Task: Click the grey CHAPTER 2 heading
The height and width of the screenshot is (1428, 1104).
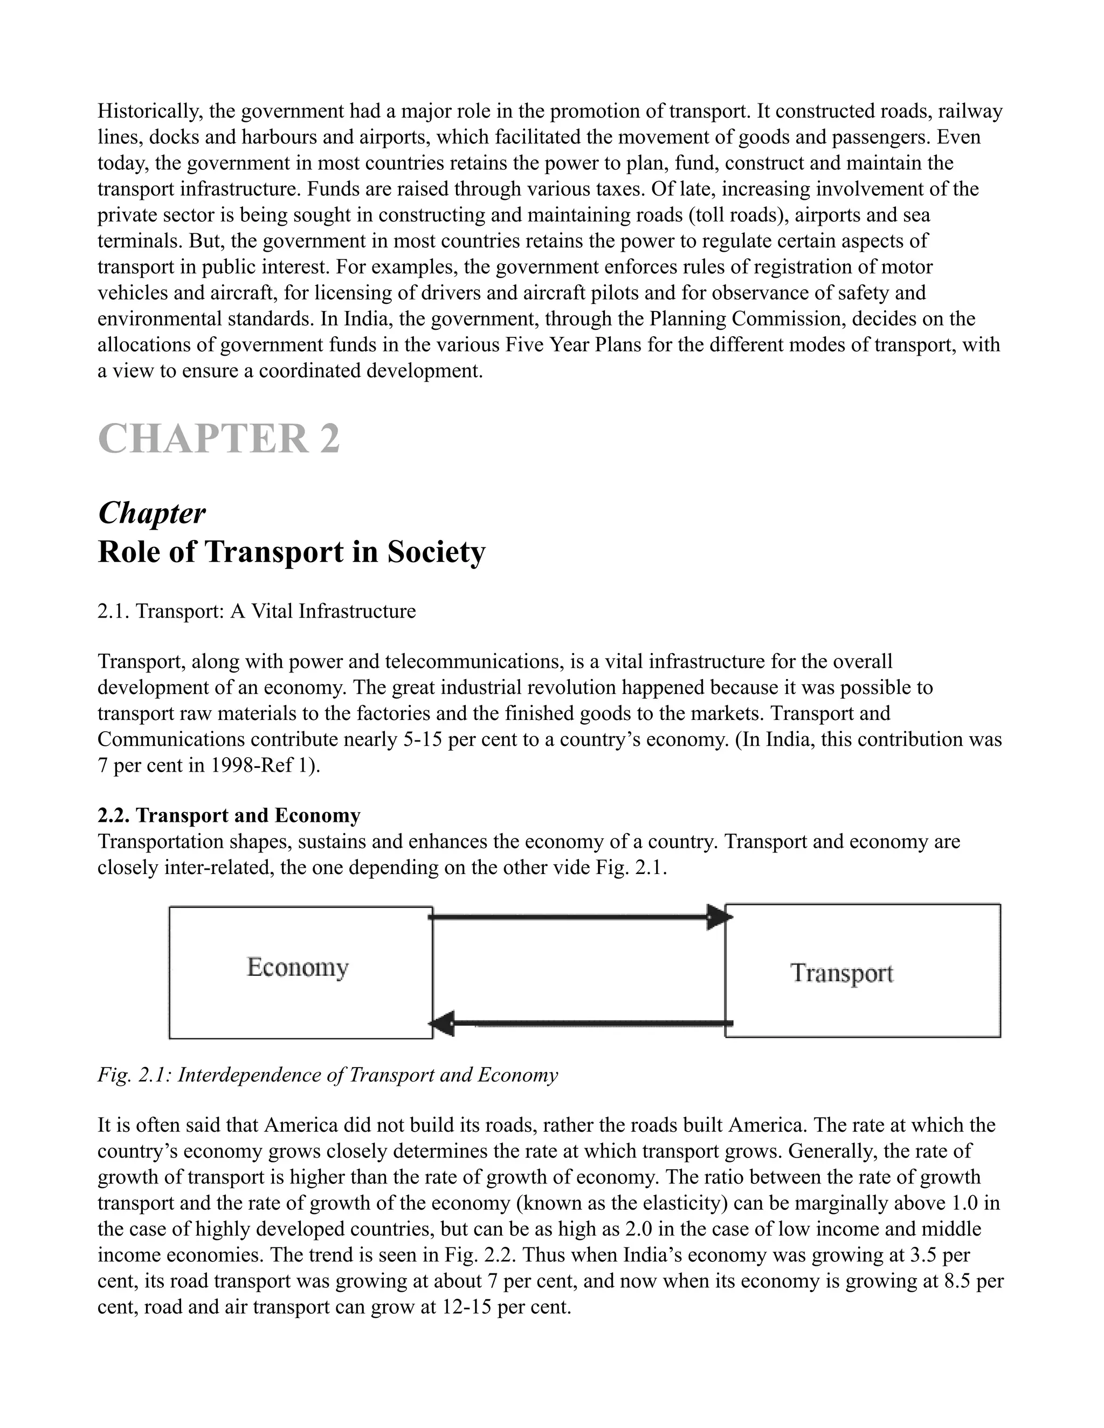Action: coord(218,439)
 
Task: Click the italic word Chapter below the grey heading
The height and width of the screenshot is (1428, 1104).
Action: coord(151,513)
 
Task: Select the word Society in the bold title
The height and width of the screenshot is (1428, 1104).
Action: coord(436,552)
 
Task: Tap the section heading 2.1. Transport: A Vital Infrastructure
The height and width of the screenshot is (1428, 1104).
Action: coord(257,612)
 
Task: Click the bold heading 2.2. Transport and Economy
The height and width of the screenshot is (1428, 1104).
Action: coord(229,815)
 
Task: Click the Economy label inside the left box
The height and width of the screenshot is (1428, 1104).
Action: coord(298,967)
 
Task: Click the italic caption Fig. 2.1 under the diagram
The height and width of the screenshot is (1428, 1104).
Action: coord(327,1075)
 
